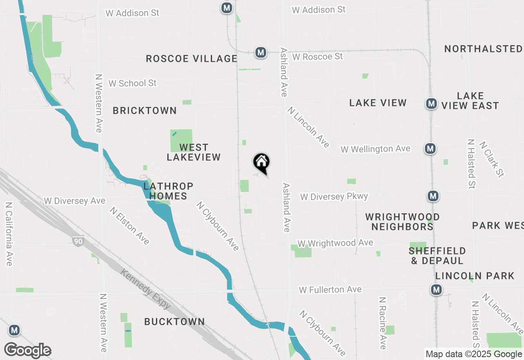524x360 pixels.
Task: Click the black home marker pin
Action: [261, 162]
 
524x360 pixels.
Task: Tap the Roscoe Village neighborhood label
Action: [192, 59]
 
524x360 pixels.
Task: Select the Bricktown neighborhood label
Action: [145, 110]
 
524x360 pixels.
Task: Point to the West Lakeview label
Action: [194, 152]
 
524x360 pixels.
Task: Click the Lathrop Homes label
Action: [168, 191]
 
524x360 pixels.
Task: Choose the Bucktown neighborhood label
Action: [174, 322]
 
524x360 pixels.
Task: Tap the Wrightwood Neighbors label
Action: [402, 221]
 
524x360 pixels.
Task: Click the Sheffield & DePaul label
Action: [437, 255]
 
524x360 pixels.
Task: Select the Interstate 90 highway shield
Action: [77, 241]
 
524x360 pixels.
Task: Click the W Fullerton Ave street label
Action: [330, 290]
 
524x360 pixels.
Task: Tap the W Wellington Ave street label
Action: [375, 149]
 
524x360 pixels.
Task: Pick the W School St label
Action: [132, 83]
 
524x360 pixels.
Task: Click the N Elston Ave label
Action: [129, 225]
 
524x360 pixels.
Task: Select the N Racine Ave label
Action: [382, 323]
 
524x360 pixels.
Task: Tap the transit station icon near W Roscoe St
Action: [260, 52]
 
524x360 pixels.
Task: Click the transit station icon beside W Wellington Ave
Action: [430, 148]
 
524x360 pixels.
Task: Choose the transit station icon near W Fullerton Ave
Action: [436, 290]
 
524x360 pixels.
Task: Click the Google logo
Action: [27, 351]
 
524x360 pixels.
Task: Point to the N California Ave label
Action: [9, 234]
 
